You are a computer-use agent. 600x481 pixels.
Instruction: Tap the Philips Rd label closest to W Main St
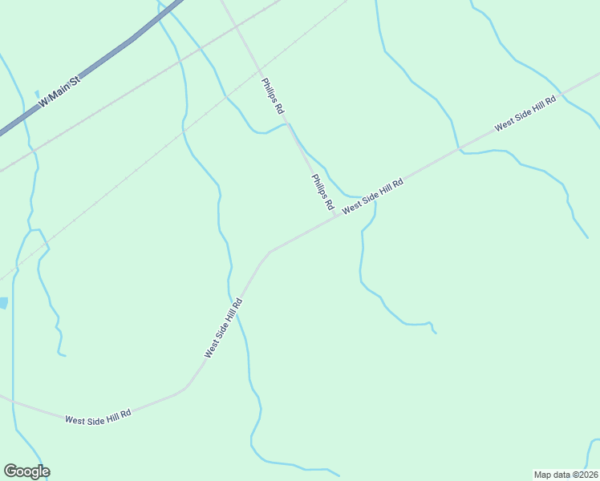tap(273, 95)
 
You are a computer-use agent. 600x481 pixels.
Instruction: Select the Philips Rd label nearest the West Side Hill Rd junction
tap(323, 192)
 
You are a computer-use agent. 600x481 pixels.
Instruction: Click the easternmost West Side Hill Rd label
tap(525, 116)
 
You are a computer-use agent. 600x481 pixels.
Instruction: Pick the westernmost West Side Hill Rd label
tap(98, 419)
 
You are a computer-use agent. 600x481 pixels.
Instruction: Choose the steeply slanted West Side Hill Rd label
tap(223, 328)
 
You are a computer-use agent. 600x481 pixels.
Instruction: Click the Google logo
tap(26, 471)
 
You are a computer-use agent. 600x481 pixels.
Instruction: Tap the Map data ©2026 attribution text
tap(566, 475)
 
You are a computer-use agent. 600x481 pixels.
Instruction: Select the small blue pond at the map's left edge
tap(3, 303)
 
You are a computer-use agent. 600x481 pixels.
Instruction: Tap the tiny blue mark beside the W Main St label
tap(37, 94)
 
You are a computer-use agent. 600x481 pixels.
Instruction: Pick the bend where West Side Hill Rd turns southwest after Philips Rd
tap(270, 252)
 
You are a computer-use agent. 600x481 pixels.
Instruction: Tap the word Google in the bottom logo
tap(26, 471)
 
